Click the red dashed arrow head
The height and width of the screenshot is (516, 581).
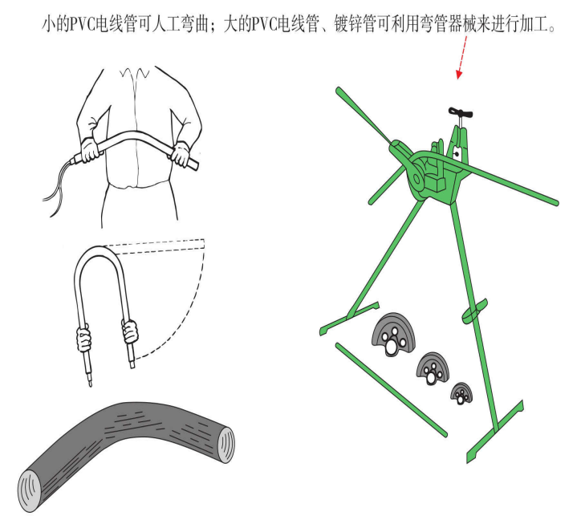pyautogui.click(x=459, y=75)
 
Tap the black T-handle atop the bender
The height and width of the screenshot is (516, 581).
pyautogui.click(x=461, y=112)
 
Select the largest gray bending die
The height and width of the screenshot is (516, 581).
pyautogui.click(x=394, y=335)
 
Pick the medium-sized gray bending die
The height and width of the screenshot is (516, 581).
pyautogui.click(x=433, y=368)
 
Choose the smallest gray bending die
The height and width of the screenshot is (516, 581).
pyautogui.click(x=461, y=393)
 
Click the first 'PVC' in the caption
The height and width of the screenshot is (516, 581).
pyautogui.click(x=83, y=24)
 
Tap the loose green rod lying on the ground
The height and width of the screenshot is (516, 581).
pyautogui.click(x=392, y=390)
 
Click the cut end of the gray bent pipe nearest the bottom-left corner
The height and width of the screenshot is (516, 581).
pyautogui.click(x=29, y=491)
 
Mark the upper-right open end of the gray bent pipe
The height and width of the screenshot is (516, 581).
pyautogui.click(x=225, y=444)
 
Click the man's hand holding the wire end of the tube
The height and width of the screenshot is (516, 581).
pyautogui.click(x=89, y=149)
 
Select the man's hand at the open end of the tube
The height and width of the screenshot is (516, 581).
pyautogui.click(x=181, y=154)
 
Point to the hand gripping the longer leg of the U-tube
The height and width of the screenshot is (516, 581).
pyautogui.click(x=83, y=338)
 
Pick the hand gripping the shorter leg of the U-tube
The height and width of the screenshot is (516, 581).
pyautogui.click(x=130, y=331)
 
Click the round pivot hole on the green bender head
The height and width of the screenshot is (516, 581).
pyautogui.click(x=416, y=179)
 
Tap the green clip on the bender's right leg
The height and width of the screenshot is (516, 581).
pyautogui.click(x=474, y=311)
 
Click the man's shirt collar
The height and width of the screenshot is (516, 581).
pyautogui.click(x=135, y=72)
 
